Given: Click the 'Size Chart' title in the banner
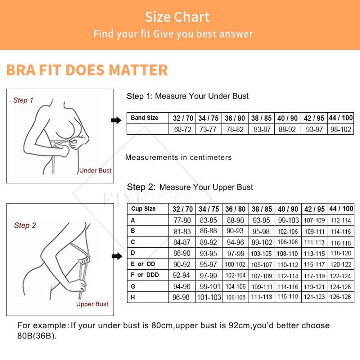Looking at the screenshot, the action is (177, 17).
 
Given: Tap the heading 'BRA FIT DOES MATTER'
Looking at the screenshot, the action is (87, 70).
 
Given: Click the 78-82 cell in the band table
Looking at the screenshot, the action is (235, 130).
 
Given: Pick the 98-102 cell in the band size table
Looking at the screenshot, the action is (341, 130).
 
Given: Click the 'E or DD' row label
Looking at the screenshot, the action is (143, 264).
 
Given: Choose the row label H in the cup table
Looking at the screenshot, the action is (133, 297).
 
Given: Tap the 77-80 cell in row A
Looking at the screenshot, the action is (182, 220).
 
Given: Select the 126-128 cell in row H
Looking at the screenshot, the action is (341, 297).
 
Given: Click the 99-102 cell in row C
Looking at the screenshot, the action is (262, 242).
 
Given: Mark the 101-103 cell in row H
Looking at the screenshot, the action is (209, 297).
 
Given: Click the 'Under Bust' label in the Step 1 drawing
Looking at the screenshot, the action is (95, 170).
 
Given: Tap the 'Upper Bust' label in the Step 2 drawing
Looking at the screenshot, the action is (92, 304).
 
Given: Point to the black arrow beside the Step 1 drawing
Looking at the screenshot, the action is (116, 120).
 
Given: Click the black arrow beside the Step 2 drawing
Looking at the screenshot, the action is (117, 256).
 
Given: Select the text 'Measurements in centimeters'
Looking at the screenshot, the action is (179, 158).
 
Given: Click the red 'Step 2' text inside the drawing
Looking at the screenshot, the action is (25, 225).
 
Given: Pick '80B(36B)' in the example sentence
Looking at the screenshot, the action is (37, 336).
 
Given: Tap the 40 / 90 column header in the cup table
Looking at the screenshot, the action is (288, 209).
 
